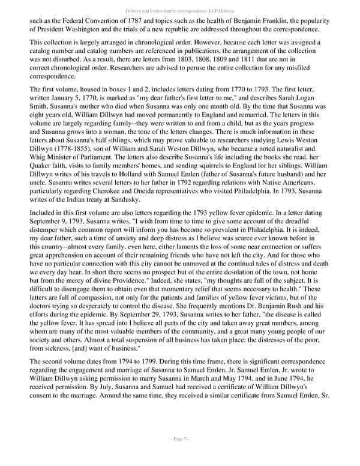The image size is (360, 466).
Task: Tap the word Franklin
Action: [x=306, y=19]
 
